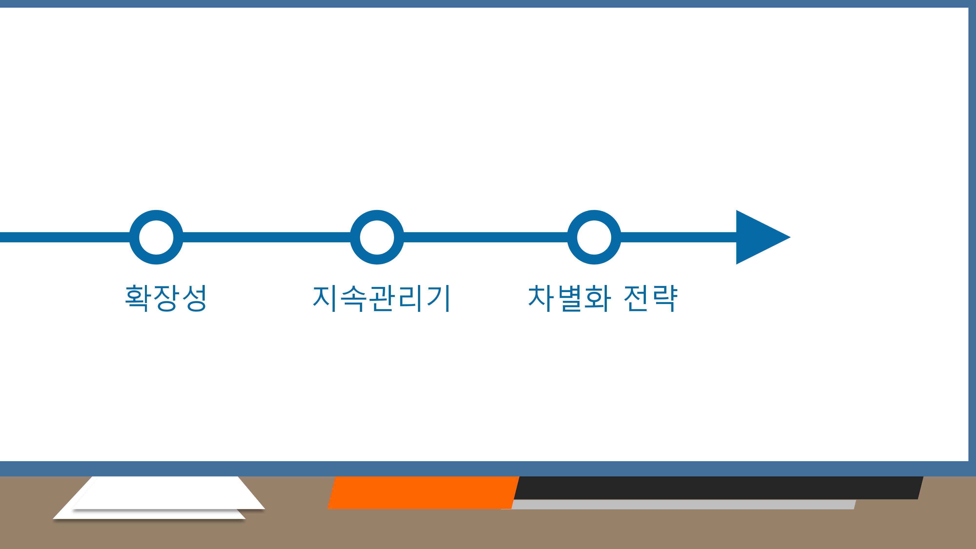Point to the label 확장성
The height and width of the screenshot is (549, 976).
point(166,299)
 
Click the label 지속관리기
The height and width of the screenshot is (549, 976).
point(381,299)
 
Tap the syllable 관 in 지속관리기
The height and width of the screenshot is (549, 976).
point(381,299)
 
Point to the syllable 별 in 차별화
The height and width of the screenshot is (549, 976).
point(569,299)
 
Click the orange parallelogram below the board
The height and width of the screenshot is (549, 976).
point(423,493)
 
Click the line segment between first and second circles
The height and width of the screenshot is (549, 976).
point(267,237)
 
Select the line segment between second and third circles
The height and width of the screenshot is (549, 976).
point(486,237)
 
